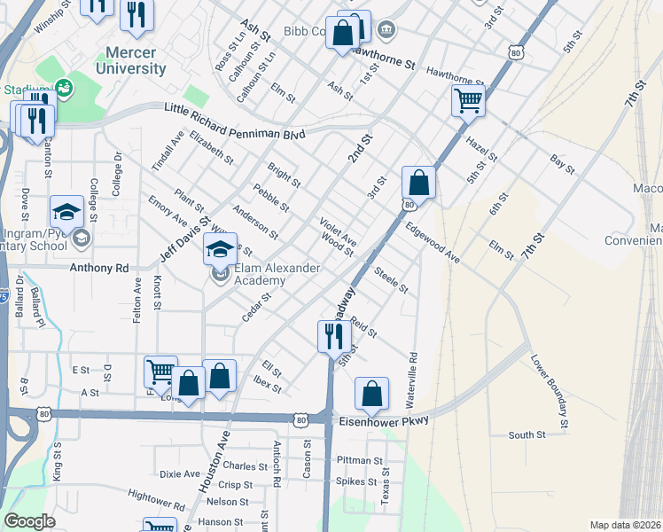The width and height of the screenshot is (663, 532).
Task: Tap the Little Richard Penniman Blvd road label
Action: [x=235, y=121]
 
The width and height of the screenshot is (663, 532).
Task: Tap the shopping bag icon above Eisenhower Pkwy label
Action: [x=373, y=395]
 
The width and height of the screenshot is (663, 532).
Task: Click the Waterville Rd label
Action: [x=411, y=382]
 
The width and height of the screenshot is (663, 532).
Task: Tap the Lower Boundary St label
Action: [x=550, y=382]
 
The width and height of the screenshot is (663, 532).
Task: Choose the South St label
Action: [x=527, y=435]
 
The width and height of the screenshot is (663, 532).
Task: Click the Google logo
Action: [x=29, y=521]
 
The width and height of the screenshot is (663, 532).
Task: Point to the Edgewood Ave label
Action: [x=433, y=242]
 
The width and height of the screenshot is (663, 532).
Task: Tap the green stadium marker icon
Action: [x=64, y=87]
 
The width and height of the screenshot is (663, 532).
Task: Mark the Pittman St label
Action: [x=359, y=461]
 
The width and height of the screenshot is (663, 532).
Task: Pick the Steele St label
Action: [x=391, y=280]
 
